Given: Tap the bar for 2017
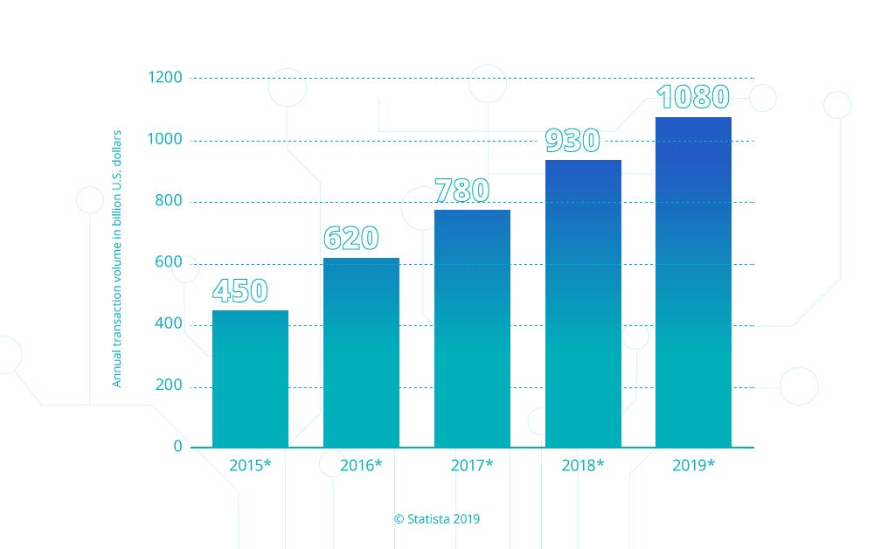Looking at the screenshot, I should [472, 329].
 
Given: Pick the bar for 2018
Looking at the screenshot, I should [583, 303].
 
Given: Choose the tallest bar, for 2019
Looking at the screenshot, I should [694, 281].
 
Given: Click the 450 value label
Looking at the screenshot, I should [239, 291].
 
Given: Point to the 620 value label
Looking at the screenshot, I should [350, 239].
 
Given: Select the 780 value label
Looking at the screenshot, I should [462, 191].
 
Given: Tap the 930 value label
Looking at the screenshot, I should [572, 141].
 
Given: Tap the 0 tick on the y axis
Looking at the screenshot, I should [178, 447].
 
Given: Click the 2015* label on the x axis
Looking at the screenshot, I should [250, 466].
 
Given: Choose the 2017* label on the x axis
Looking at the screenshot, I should [472, 466].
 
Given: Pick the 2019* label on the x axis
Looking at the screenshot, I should [694, 466].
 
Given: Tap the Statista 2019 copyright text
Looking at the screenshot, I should [437, 518].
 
